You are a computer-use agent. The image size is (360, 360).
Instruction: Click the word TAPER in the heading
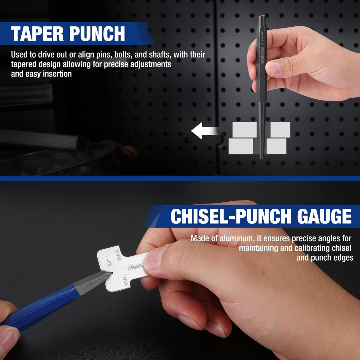(37, 34)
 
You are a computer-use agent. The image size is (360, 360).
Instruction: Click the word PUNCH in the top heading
(97, 34)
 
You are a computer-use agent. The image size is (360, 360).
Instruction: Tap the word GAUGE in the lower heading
(324, 216)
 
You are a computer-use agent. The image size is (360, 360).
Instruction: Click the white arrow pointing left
(205, 130)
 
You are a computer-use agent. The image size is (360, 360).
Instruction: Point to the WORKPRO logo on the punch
(262, 55)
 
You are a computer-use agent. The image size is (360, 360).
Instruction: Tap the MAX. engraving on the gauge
(118, 254)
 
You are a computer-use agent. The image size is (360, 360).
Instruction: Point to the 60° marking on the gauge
(109, 262)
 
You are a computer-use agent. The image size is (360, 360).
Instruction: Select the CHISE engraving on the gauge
(135, 267)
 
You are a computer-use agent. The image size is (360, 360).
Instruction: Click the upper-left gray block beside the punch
(245, 130)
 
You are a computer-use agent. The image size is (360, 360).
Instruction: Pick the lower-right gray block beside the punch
(276, 146)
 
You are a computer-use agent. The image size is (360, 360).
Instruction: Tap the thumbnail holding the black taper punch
(273, 67)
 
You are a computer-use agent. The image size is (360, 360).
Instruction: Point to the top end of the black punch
(263, 16)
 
